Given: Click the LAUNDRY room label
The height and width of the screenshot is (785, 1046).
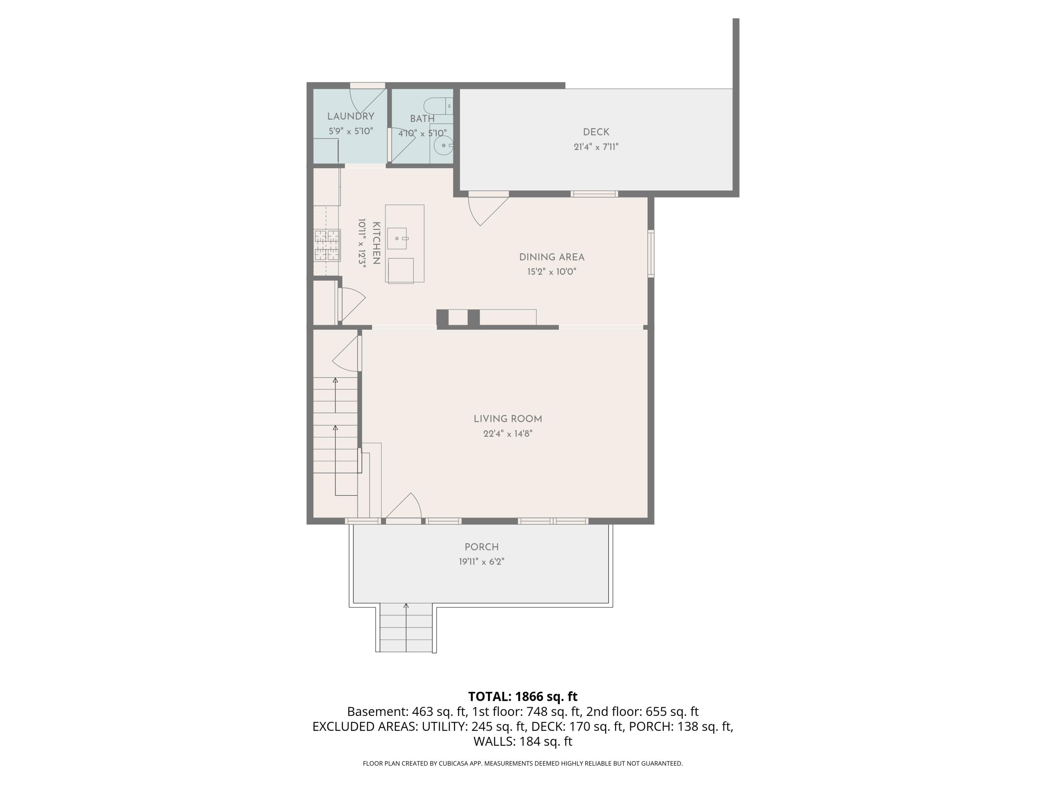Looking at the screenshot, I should [x=350, y=117].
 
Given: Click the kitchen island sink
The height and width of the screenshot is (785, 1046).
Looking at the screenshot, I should [x=397, y=238].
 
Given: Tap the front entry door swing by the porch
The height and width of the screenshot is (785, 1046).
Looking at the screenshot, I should [x=406, y=507].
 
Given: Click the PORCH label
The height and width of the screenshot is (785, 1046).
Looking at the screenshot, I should [x=482, y=547].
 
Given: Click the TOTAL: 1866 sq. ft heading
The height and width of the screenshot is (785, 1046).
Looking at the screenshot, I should [x=523, y=696].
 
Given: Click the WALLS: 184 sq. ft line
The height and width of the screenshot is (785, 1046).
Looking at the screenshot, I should [x=523, y=741].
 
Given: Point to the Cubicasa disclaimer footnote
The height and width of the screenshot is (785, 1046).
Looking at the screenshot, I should [x=523, y=763].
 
